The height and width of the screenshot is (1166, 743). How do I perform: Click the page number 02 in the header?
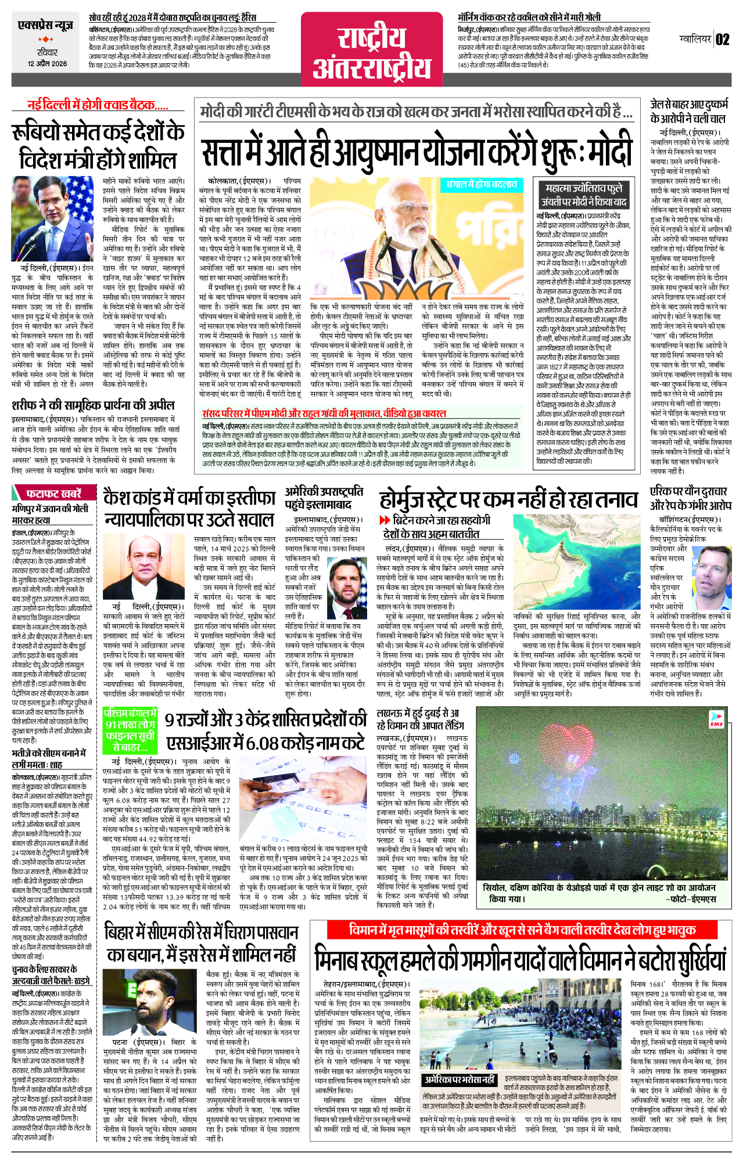[722, 40]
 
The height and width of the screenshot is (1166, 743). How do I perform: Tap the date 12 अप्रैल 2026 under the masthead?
[47, 64]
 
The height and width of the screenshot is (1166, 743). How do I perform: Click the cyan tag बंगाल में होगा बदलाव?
[482, 185]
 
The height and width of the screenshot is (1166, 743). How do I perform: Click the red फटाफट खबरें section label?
[49, 494]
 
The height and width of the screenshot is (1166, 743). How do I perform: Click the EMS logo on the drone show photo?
[716, 722]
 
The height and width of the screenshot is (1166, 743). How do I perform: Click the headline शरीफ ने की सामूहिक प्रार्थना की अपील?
[93, 405]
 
